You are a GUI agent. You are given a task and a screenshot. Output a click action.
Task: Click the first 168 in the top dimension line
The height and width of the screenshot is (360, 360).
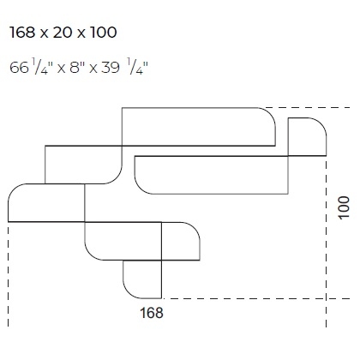(x=23, y=33)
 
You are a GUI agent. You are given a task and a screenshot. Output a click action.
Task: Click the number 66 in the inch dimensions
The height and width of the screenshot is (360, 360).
(x=18, y=66)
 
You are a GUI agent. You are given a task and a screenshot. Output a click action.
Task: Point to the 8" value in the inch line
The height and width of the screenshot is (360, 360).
(x=77, y=66)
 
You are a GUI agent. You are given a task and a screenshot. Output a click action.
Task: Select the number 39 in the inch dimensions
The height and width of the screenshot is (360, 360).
(x=112, y=66)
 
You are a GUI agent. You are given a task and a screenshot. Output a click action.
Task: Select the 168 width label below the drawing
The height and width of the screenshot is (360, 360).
(x=151, y=313)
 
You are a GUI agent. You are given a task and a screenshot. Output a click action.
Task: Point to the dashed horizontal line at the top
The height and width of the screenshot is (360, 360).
(x=300, y=107)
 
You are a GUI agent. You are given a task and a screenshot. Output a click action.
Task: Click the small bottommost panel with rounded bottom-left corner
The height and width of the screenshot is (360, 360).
(x=142, y=276)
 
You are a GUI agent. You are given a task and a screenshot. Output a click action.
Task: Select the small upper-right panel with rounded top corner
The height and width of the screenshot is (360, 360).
(x=307, y=135)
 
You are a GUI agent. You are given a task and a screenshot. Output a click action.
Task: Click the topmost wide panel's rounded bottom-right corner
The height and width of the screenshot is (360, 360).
(x=267, y=137)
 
